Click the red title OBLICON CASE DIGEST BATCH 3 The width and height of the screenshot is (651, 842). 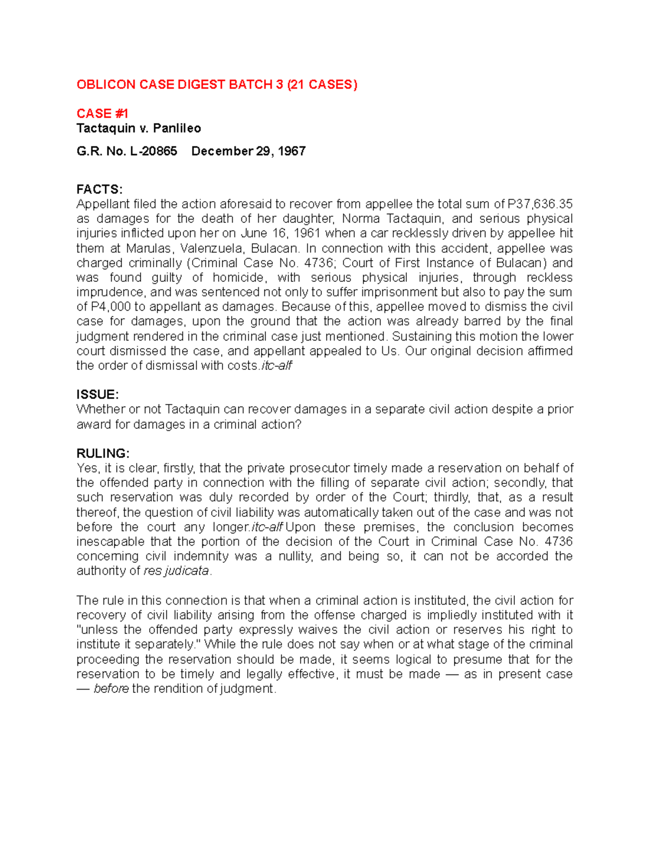(216, 85)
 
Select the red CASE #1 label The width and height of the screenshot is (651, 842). (102, 114)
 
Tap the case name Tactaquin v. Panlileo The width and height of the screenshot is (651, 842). (138, 128)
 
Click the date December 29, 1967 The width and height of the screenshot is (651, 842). (248, 151)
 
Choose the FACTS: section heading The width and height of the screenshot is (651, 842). (99, 189)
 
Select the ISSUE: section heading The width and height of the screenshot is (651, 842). (97, 394)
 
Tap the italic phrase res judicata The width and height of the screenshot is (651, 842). (176, 571)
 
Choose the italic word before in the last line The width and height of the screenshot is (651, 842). (111, 689)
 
